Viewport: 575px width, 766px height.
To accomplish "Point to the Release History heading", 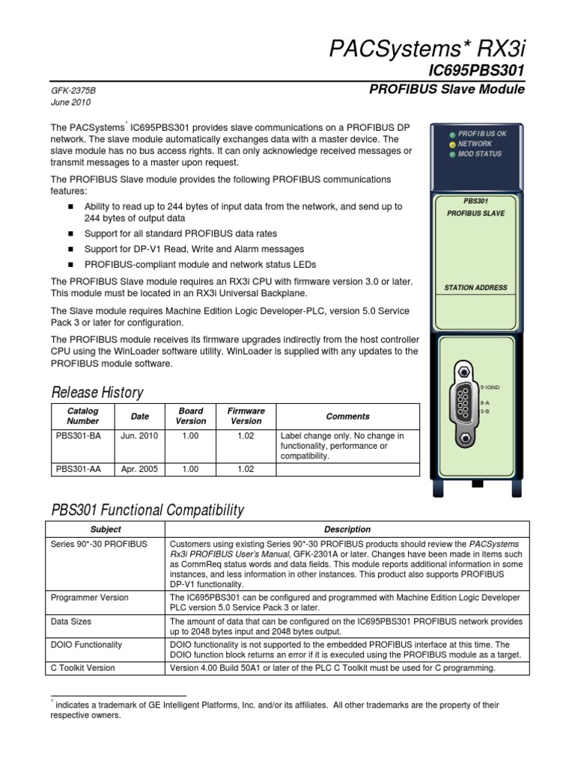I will point(97,392).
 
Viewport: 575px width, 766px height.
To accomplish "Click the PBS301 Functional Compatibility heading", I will point(147,510).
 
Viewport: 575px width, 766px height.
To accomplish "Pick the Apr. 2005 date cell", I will point(139,469).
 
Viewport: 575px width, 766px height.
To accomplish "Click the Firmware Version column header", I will point(246,416).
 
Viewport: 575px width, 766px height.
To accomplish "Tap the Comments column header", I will point(347,416).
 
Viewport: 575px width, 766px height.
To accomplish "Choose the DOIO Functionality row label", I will point(86,645).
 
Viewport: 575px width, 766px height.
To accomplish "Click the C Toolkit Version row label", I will point(82,668).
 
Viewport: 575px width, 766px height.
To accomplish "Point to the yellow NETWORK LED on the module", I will point(451,144).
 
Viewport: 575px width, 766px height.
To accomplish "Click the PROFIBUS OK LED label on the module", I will point(482,134).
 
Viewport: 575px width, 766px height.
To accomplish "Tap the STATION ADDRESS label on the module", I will point(475,287).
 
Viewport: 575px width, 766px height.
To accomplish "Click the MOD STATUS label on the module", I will point(479,154).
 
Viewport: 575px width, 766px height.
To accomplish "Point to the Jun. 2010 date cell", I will point(139,436).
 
